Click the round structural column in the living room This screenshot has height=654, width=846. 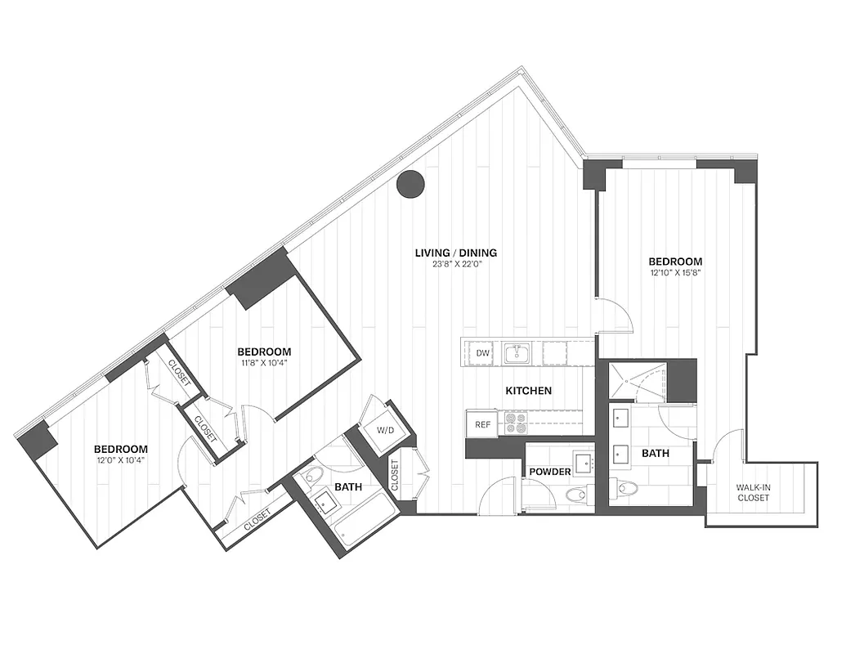[x=410, y=184]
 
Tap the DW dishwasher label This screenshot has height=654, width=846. [x=483, y=353]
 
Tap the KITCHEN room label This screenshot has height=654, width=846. [x=528, y=391]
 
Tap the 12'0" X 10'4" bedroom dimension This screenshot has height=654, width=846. [x=120, y=460]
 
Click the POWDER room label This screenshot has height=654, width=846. [x=549, y=473]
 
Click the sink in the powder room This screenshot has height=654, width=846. [x=584, y=464]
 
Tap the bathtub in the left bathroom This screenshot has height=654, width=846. [x=364, y=523]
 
